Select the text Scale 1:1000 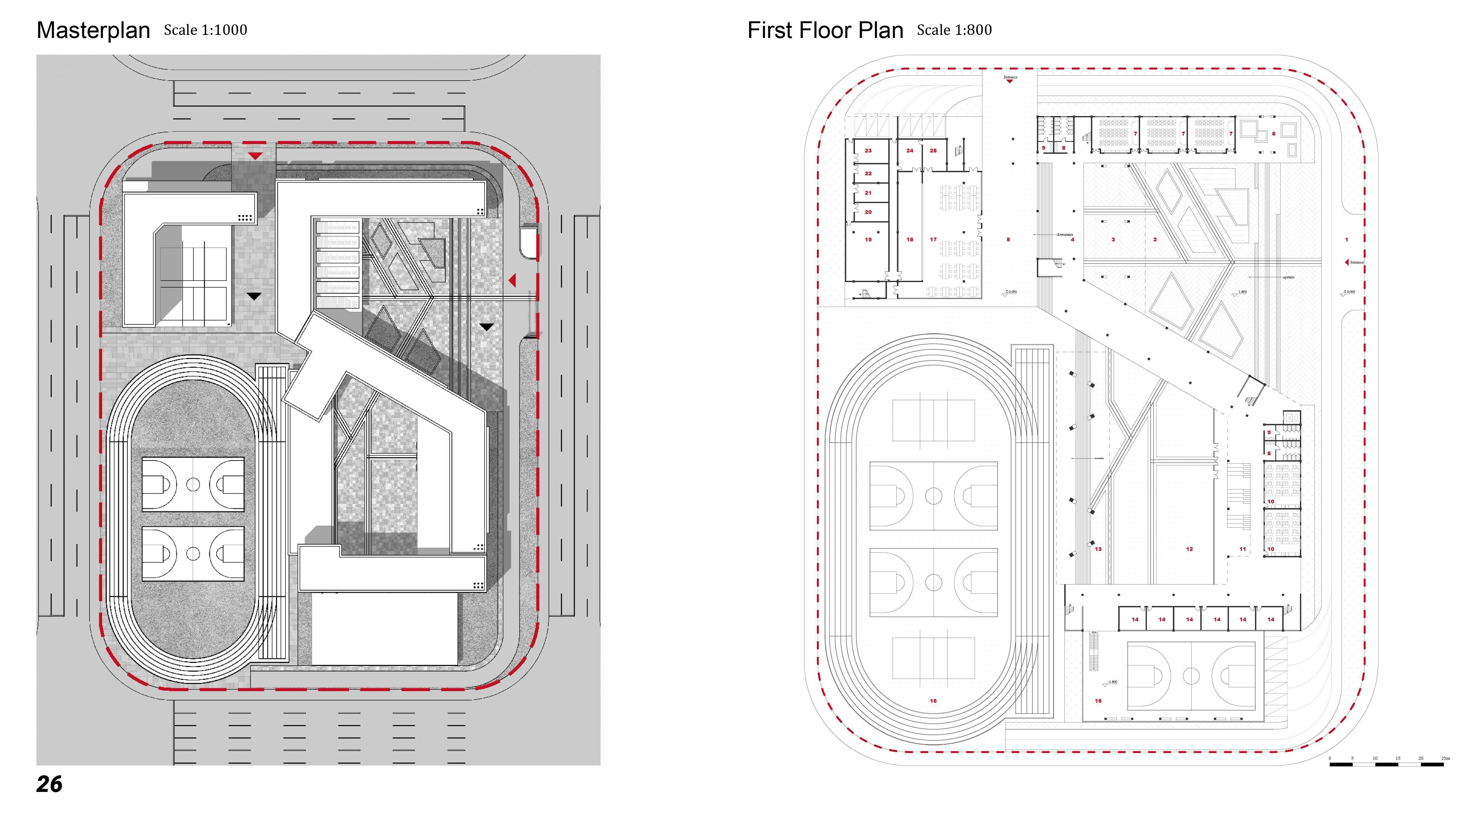(206, 30)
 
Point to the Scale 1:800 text (954, 30)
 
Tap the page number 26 (49, 784)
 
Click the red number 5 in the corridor (1008, 239)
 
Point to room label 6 (1273, 134)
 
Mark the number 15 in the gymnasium (1098, 701)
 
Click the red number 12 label (1189, 549)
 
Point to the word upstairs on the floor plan (1288, 277)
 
